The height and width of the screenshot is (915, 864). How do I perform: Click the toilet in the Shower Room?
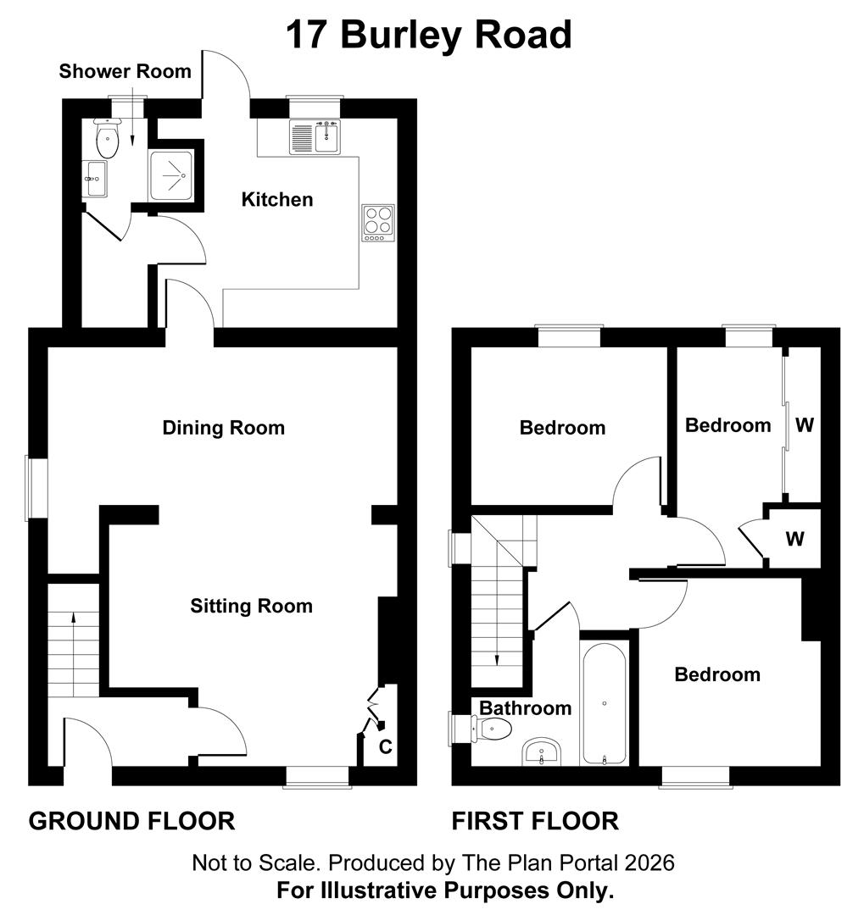pyautogui.click(x=107, y=141)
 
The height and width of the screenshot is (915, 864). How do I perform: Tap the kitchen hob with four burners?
pyautogui.click(x=378, y=222)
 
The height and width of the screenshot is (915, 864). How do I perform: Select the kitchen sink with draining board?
pyautogui.click(x=315, y=137)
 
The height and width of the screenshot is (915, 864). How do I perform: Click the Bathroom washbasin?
pyautogui.click(x=540, y=751)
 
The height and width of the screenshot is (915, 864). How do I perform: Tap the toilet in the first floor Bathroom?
pyautogui.click(x=493, y=728)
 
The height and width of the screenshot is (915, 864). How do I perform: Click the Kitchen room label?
pyautogui.click(x=277, y=200)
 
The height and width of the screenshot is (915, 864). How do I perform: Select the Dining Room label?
pyautogui.click(x=224, y=428)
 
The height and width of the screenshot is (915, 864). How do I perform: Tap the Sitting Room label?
pyautogui.click(x=251, y=607)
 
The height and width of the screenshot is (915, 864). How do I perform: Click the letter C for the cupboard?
pyautogui.click(x=385, y=747)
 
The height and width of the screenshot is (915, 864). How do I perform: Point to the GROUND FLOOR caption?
pyautogui.click(x=131, y=821)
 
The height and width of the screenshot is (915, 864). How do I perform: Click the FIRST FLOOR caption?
pyautogui.click(x=535, y=821)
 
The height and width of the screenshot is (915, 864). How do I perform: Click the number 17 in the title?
pyautogui.click(x=309, y=36)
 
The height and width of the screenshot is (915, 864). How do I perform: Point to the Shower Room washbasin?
pyautogui.click(x=95, y=179)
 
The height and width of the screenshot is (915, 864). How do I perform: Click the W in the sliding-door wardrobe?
pyautogui.click(x=804, y=425)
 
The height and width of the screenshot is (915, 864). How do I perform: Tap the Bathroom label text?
pyautogui.click(x=526, y=708)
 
